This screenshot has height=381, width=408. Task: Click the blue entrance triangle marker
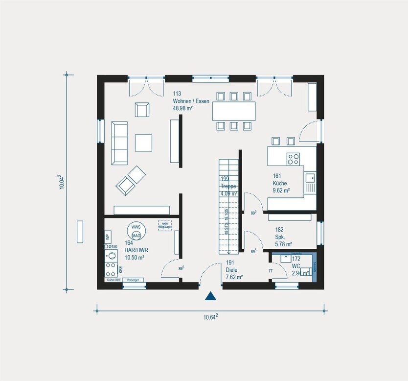click(210, 295)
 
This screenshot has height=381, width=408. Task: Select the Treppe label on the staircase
click(228, 186)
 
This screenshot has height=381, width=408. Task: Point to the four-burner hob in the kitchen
click(293, 159)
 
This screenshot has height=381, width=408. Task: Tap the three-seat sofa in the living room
click(119, 143)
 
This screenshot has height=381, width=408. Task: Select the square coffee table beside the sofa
click(144, 143)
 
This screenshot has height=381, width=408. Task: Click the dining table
click(233, 111)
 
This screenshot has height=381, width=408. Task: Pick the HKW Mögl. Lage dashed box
click(164, 225)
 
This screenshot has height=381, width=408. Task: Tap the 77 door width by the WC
click(270, 270)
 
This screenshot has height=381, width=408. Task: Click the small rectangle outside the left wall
click(80, 231)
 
